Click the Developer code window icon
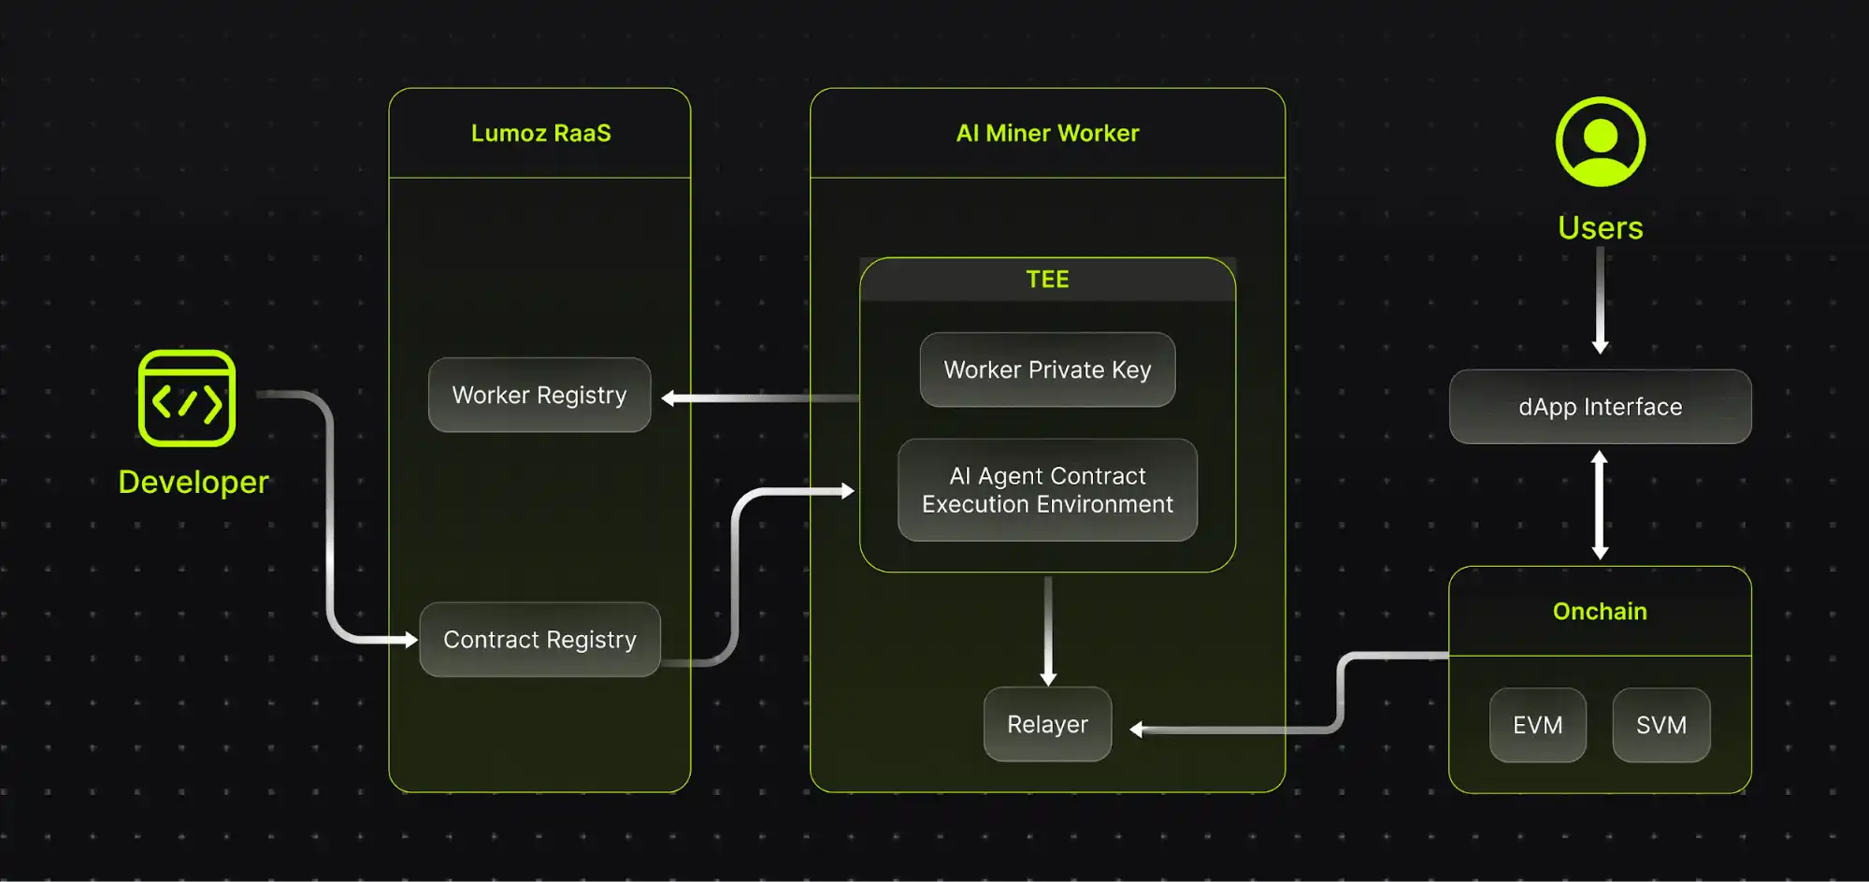click(187, 398)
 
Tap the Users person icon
click(1600, 142)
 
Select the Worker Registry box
click(539, 395)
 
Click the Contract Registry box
click(539, 640)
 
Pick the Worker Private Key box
click(1047, 369)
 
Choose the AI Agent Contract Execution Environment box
click(1047, 490)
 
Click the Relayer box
click(1047, 724)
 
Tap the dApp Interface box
click(1600, 407)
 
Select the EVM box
click(1537, 725)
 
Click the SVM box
click(1661, 725)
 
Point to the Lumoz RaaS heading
click(540, 133)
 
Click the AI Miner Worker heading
click(1047, 133)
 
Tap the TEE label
click(1047, 279)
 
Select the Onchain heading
click(1600, 612)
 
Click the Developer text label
click(194, 482)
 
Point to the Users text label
click(1600, 227)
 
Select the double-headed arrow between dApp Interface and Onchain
click(1600, 505)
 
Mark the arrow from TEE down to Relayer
click(1048, 630)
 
